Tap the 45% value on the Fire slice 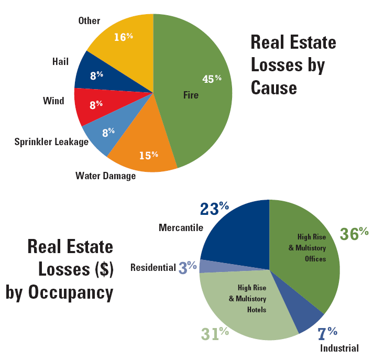(x=212, y=79)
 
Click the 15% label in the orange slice (x=148, y=155)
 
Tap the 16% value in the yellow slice (x=123, y=37)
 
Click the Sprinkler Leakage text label (x=51, y=142)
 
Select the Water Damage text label (x=105, y=176)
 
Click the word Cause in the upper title (x=273, y=87)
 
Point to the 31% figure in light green (x=215, y=333)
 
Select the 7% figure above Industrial (x=327, y=332)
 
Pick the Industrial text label (x=339, y=348)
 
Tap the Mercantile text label (x=181, y=227)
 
